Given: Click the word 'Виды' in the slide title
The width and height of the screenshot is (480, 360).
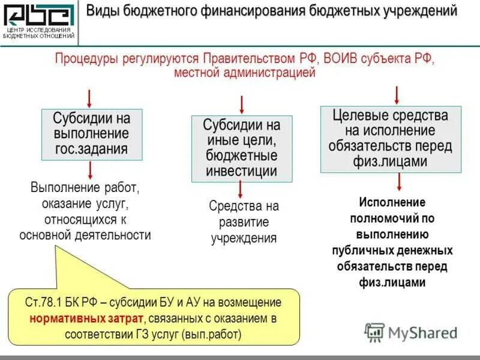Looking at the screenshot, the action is pyautogui.click(x=102, y=11).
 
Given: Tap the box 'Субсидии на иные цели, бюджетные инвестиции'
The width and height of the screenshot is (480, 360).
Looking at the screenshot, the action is pyautogui.click(x=242, y=149).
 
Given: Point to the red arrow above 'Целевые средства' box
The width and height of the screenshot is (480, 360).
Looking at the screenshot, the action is pyautogui.click(x=397, y=95).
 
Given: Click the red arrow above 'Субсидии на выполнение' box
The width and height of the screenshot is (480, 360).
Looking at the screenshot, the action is pyautogui.click(x=90, y=98).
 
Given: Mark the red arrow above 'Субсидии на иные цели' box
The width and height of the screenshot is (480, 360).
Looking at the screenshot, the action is pyautogui.click(x=241, y=104).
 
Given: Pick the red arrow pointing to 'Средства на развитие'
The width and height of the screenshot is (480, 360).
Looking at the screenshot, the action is pyautogui.click(x=241, y=190).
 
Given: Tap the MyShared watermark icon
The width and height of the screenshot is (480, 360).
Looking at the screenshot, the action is pyautogui.click(x=375, y=332).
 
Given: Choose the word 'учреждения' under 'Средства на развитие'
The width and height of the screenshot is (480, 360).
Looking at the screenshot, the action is pyautogui.click(x=244, y=238).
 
